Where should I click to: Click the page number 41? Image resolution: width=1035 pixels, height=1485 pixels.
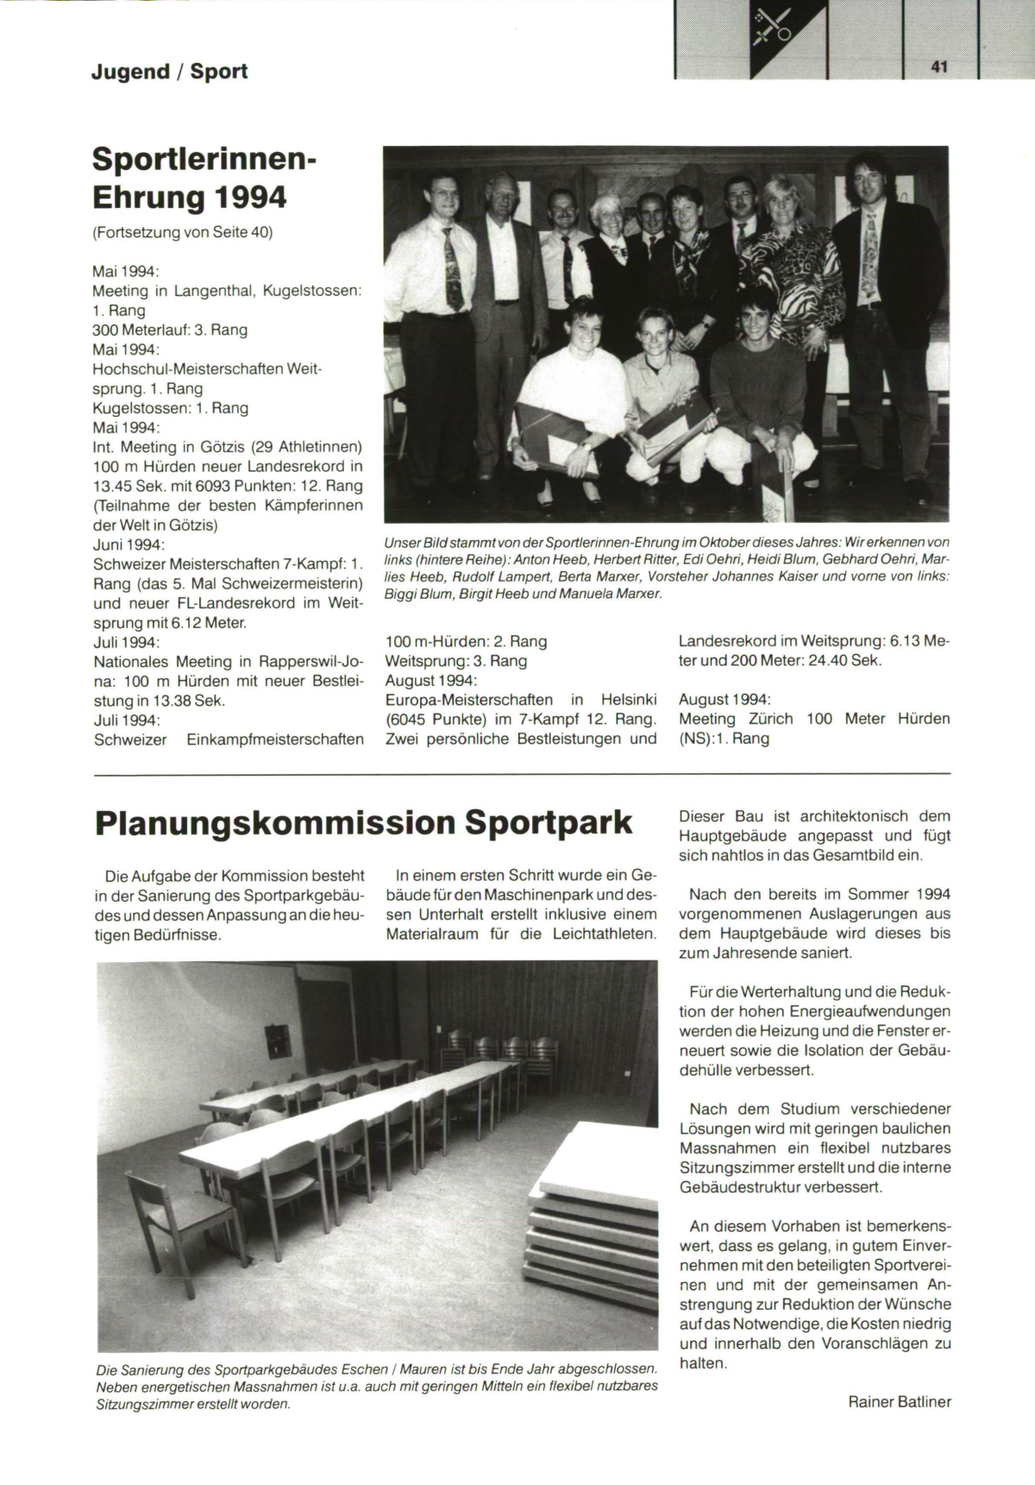pos(939,66)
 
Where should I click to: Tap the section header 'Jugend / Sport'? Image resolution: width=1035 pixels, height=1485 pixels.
pos(169,72)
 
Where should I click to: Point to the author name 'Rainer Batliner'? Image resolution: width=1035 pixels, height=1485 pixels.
pos(900,1402)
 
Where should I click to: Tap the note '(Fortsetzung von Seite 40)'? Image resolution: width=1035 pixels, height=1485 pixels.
pos(182,232)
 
